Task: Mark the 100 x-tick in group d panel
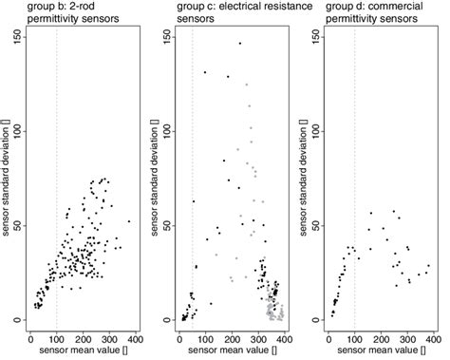(354, 338)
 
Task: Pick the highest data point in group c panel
(239, 43)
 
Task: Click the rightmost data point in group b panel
(129, 221)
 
